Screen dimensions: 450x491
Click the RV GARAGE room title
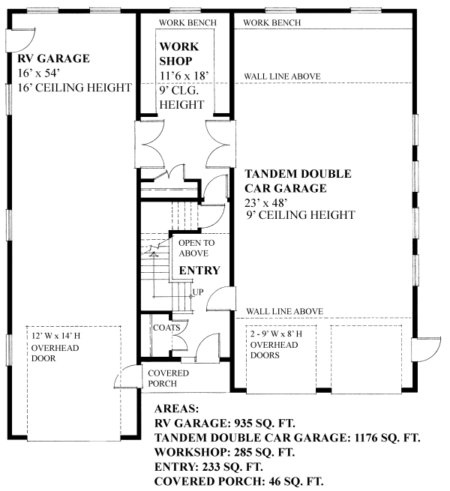(x=53, y=58)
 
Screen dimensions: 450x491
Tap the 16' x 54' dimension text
(x=38, y=73)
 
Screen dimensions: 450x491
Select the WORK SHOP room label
(x=179, y=54)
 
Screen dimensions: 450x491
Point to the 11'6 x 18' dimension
(x=184, y=76)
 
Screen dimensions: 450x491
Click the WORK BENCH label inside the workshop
(x=187, y=22)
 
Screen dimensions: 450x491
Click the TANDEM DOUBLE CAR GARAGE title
(x=298, y=181)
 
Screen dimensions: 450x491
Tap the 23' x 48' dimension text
(x=266, y=203)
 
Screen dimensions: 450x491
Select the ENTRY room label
(x=199, y=271)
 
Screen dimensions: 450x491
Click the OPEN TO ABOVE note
(x=196, y=248)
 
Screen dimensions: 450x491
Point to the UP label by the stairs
(x=198, y=292)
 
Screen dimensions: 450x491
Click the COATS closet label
(x=166, y=328)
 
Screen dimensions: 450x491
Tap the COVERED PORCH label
(x=168, y=379)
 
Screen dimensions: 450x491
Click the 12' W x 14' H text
(x=55, y=336)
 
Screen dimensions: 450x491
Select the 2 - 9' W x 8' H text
(x=276, y=334)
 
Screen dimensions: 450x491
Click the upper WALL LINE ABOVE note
(x=282, y=76)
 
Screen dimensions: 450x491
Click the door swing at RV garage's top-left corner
(x=21, y=40)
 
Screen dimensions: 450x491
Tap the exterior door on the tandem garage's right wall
(x=426, y=349)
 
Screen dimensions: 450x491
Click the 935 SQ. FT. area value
(x=265, y=424)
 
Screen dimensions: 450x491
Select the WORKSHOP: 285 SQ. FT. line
(x=224, y=452)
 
